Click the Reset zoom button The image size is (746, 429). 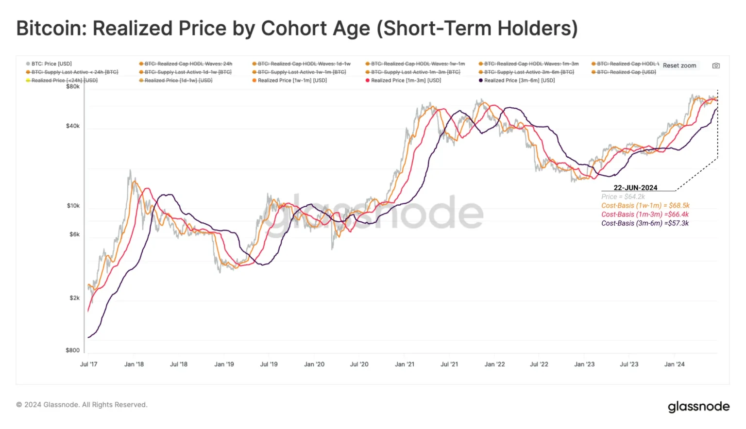tap(679, 66)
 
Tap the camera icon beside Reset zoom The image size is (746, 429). tap(716, 66)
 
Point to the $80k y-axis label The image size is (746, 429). tap(73, 86)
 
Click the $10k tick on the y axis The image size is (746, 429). tap(73, 206)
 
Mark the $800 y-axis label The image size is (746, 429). tap(73, 350)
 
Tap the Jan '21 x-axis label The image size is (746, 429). tap(405, 364)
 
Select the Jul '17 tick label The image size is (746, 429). tap(88, 364)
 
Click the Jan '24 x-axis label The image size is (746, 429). tap(674, 364)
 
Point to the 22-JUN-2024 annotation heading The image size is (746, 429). tap(635, 188)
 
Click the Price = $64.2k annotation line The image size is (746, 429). tap(623, 197)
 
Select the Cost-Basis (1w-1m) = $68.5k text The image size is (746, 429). tap(645, 205)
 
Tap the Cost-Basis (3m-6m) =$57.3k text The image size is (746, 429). tap(645, 223)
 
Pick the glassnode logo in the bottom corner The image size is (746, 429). tap(698, 406)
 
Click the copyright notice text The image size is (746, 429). tap(82, 405)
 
